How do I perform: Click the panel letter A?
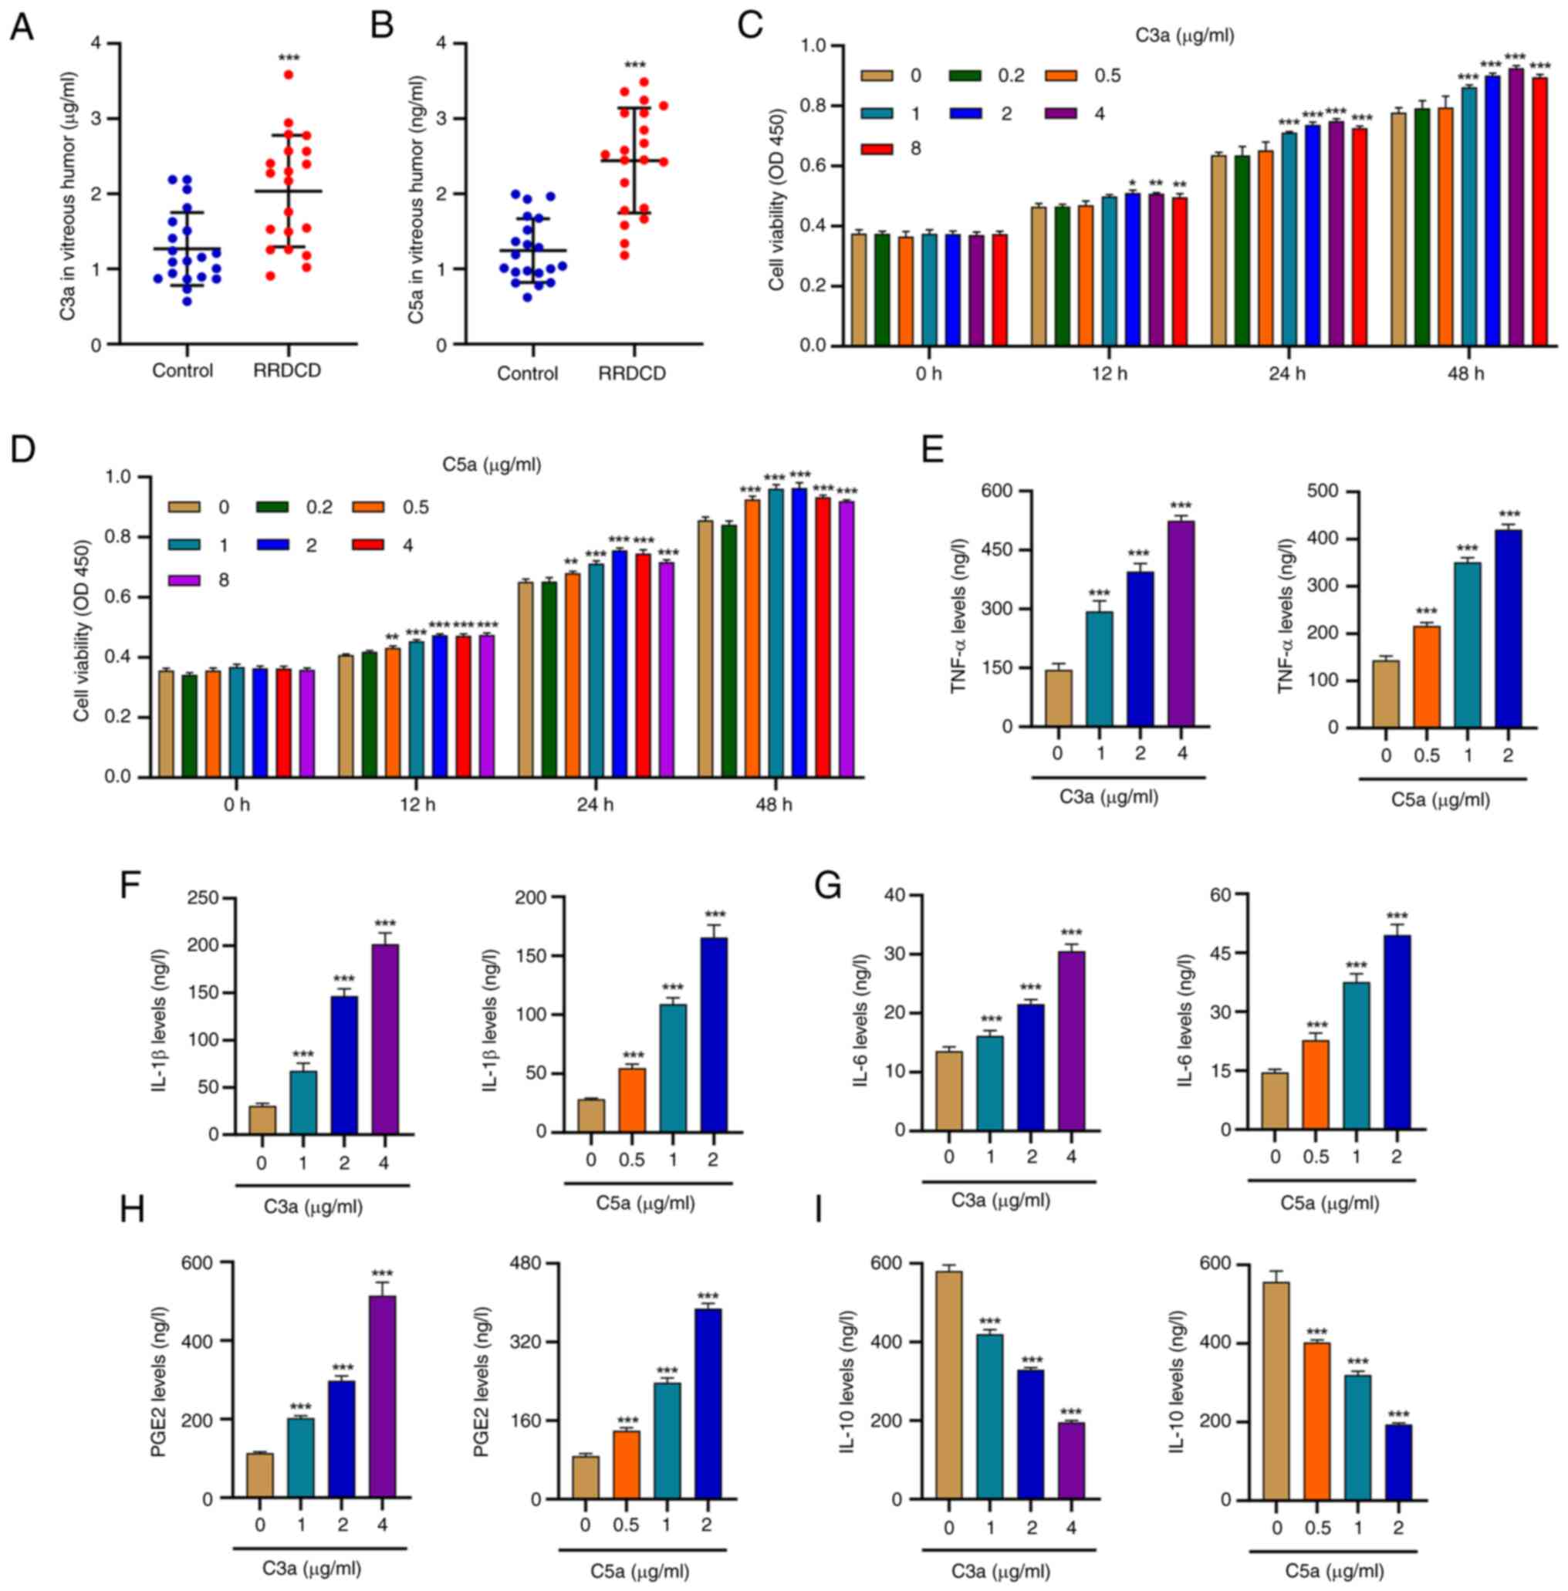click(22, 27)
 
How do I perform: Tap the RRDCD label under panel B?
click(632, 374)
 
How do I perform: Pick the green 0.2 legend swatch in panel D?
click(272, 507)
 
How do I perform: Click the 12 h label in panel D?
click(417, 805)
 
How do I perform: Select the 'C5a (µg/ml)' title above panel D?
click(492, 465)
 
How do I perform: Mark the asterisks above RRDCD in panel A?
click(289, 58)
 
